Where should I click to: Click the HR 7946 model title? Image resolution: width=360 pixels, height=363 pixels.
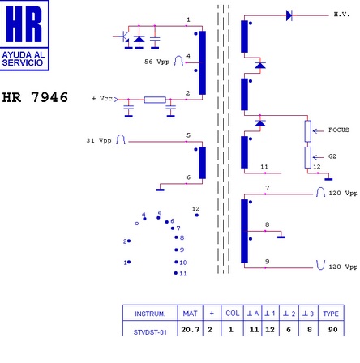tap(35, 97)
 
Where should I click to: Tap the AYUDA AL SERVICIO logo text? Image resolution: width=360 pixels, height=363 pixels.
tap(24, 59)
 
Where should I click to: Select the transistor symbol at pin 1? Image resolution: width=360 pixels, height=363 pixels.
tap(123, 37)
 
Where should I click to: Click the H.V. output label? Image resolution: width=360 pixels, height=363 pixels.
tap(341, 15)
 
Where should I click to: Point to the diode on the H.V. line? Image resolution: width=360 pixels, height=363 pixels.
tap(289, 15)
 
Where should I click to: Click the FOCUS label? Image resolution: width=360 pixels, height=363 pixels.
tap(339, 130)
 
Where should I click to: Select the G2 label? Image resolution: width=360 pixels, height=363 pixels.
tap(332, 156)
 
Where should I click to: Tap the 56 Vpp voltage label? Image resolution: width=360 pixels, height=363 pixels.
tap(156, 62)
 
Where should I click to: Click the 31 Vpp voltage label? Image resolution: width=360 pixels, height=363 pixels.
tap(99, 141)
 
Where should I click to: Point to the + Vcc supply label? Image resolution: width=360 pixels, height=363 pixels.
tap(102, 99)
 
